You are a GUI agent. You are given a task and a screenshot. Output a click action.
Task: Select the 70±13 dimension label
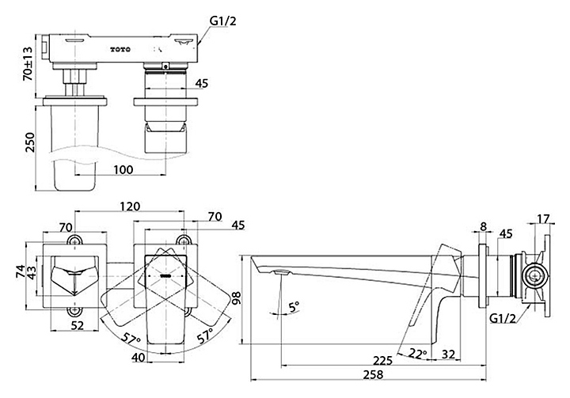[x=28, y=63]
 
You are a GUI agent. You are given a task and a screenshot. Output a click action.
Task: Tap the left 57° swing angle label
[x=131, y=339]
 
